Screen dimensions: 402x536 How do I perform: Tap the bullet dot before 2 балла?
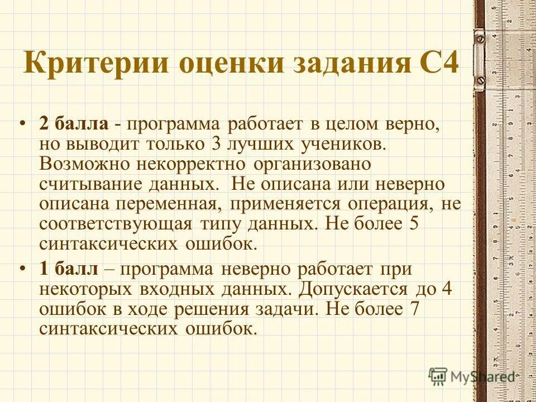pos(23,123)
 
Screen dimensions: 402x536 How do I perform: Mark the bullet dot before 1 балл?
pos(23,269)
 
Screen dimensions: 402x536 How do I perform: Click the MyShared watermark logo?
pos(471,376)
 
